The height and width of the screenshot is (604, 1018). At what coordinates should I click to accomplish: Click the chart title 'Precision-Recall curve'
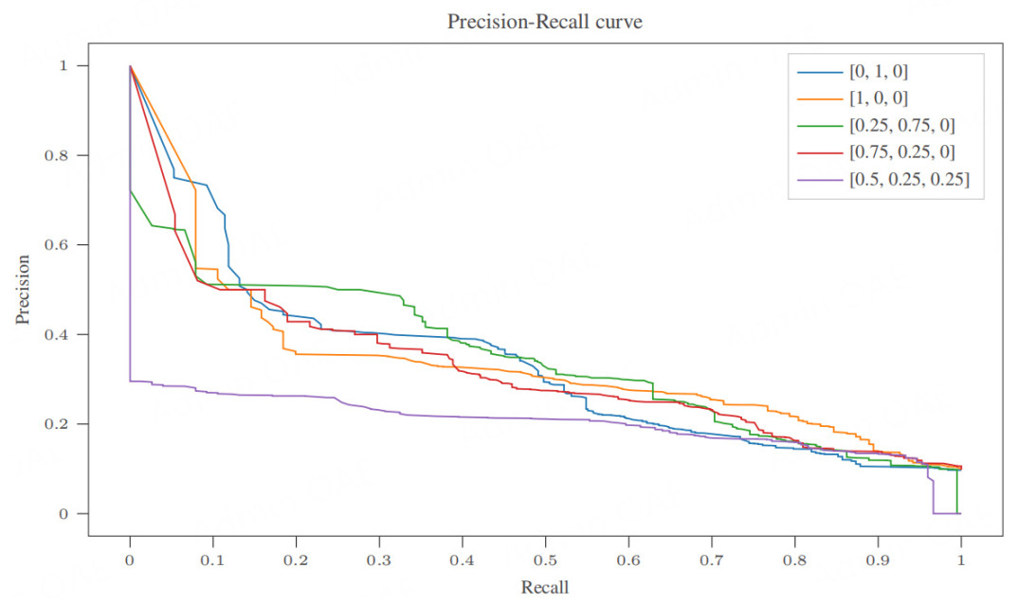[545, 22]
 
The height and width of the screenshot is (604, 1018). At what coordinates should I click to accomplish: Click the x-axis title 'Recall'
[545, 587]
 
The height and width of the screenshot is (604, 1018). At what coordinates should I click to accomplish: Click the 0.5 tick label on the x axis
[545, 559]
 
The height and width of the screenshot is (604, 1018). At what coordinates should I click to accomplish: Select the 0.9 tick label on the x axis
[878, 559]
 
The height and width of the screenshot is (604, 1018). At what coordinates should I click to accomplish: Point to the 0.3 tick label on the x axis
[379, 559]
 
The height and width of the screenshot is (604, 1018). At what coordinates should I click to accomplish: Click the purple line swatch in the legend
[818, 180]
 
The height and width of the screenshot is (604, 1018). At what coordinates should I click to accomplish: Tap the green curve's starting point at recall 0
[130, 190]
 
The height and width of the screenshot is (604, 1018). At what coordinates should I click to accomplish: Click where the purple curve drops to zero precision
[934, 513]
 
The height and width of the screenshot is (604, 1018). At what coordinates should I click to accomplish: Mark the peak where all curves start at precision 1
[130, 66]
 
